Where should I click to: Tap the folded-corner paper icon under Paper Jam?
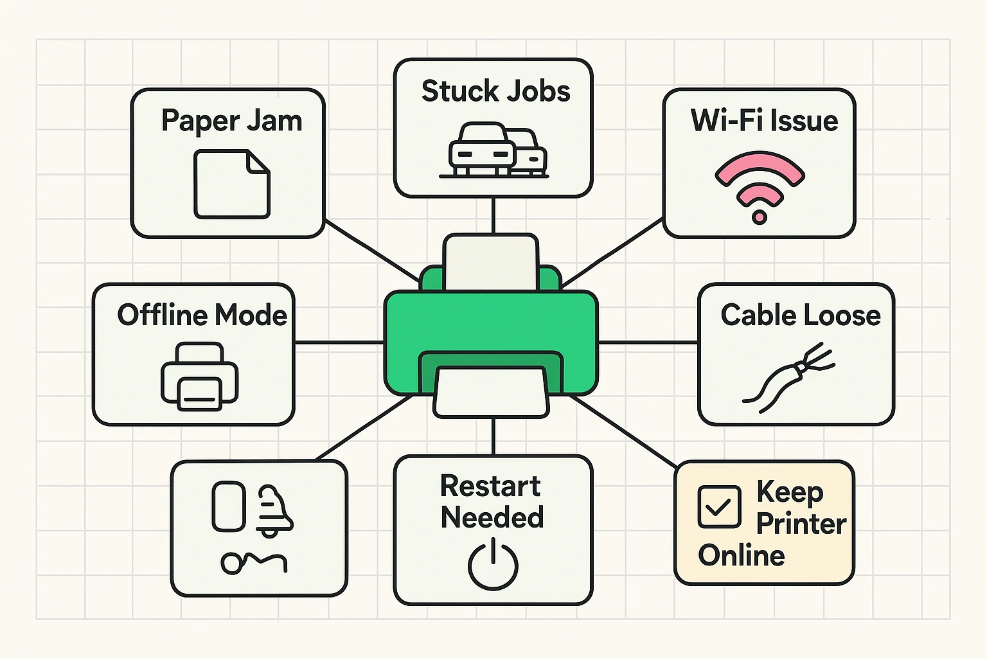232,184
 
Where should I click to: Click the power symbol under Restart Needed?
493,565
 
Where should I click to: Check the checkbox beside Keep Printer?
719,507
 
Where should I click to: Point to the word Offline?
162,315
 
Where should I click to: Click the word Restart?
490,486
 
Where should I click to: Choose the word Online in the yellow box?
742,555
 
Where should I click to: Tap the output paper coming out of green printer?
492,393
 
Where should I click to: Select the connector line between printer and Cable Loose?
648,342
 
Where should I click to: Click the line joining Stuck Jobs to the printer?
493,215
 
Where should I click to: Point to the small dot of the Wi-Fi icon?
760,217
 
